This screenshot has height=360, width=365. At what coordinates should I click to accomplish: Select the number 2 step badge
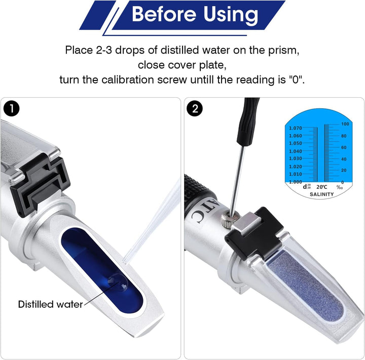point(194,108)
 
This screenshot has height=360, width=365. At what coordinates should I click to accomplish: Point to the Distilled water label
point(50,304)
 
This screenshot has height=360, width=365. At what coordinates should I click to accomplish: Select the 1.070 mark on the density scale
point(295,128)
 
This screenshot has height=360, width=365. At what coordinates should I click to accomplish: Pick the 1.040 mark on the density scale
point(295,151)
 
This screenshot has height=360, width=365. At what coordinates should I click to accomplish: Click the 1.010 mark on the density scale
point(295,174)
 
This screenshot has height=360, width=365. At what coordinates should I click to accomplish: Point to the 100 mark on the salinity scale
point(345,124)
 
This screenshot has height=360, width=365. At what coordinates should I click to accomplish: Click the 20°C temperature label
point(321,187)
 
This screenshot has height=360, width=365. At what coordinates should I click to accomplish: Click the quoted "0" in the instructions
point(297,80)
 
